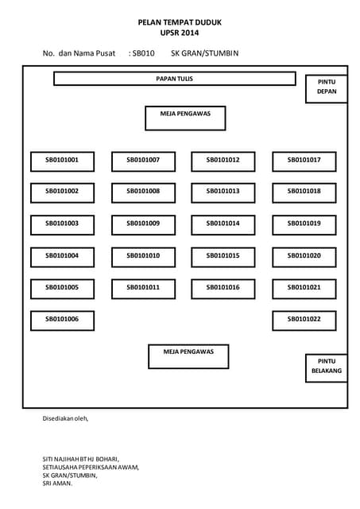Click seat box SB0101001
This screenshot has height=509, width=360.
62,161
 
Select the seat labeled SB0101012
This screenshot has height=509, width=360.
223,161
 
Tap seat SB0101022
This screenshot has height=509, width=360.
304,321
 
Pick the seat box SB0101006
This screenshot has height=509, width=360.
62,321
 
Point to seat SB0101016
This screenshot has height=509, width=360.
223,289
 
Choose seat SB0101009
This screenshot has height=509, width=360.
143,225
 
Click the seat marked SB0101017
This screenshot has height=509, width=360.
304,161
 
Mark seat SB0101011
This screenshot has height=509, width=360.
143,289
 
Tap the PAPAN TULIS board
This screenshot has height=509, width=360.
175,79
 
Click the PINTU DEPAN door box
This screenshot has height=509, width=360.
327,89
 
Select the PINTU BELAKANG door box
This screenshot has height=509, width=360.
327,368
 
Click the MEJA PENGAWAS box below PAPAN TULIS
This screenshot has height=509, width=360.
185,119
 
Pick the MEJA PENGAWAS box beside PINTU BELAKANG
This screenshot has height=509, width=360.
188,356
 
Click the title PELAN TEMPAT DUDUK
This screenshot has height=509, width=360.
180,22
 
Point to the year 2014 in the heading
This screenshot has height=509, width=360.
190,33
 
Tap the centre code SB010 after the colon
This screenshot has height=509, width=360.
143,53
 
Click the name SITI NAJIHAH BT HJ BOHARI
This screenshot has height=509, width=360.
80,459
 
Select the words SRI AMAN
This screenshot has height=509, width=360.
57,484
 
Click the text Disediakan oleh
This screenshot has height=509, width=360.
65,418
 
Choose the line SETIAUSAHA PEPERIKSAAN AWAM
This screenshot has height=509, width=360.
91,467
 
